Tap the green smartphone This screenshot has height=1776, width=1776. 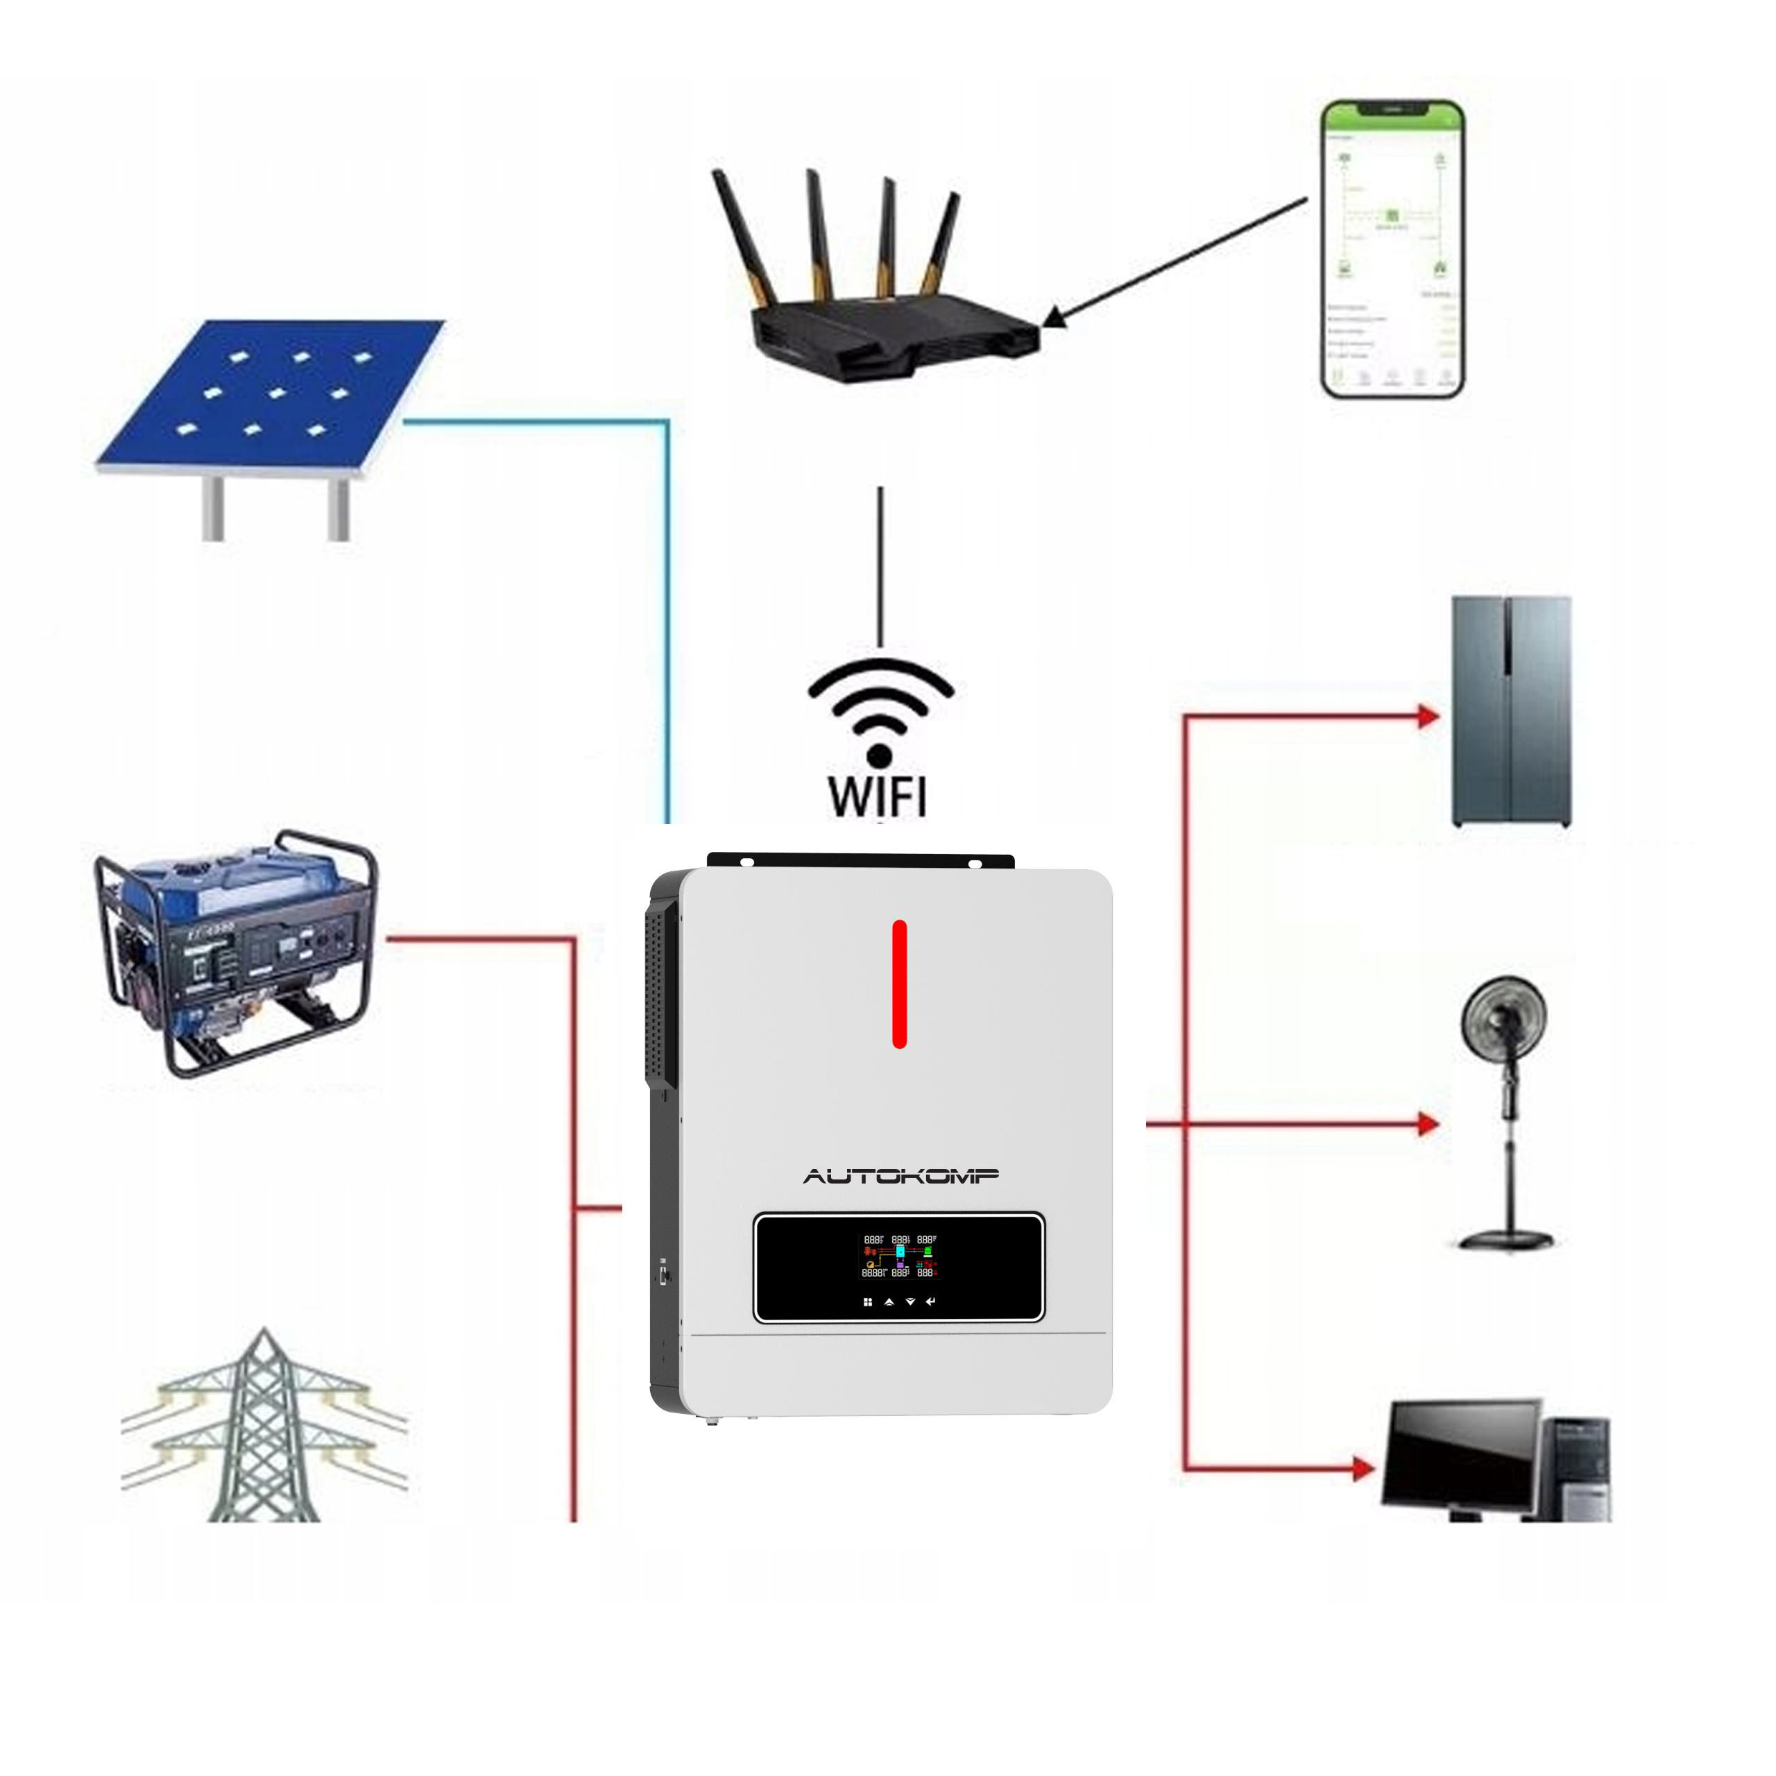pyautogui.click(x=1392, y=249)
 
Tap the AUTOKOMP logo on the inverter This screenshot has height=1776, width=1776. pyautogui.click(x=901, y=1176)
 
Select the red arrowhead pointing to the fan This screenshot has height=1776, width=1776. pyautogui.click(x=1428, y=1123)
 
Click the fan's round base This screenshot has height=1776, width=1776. pyautogui.click(x=1505, y=1241)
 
